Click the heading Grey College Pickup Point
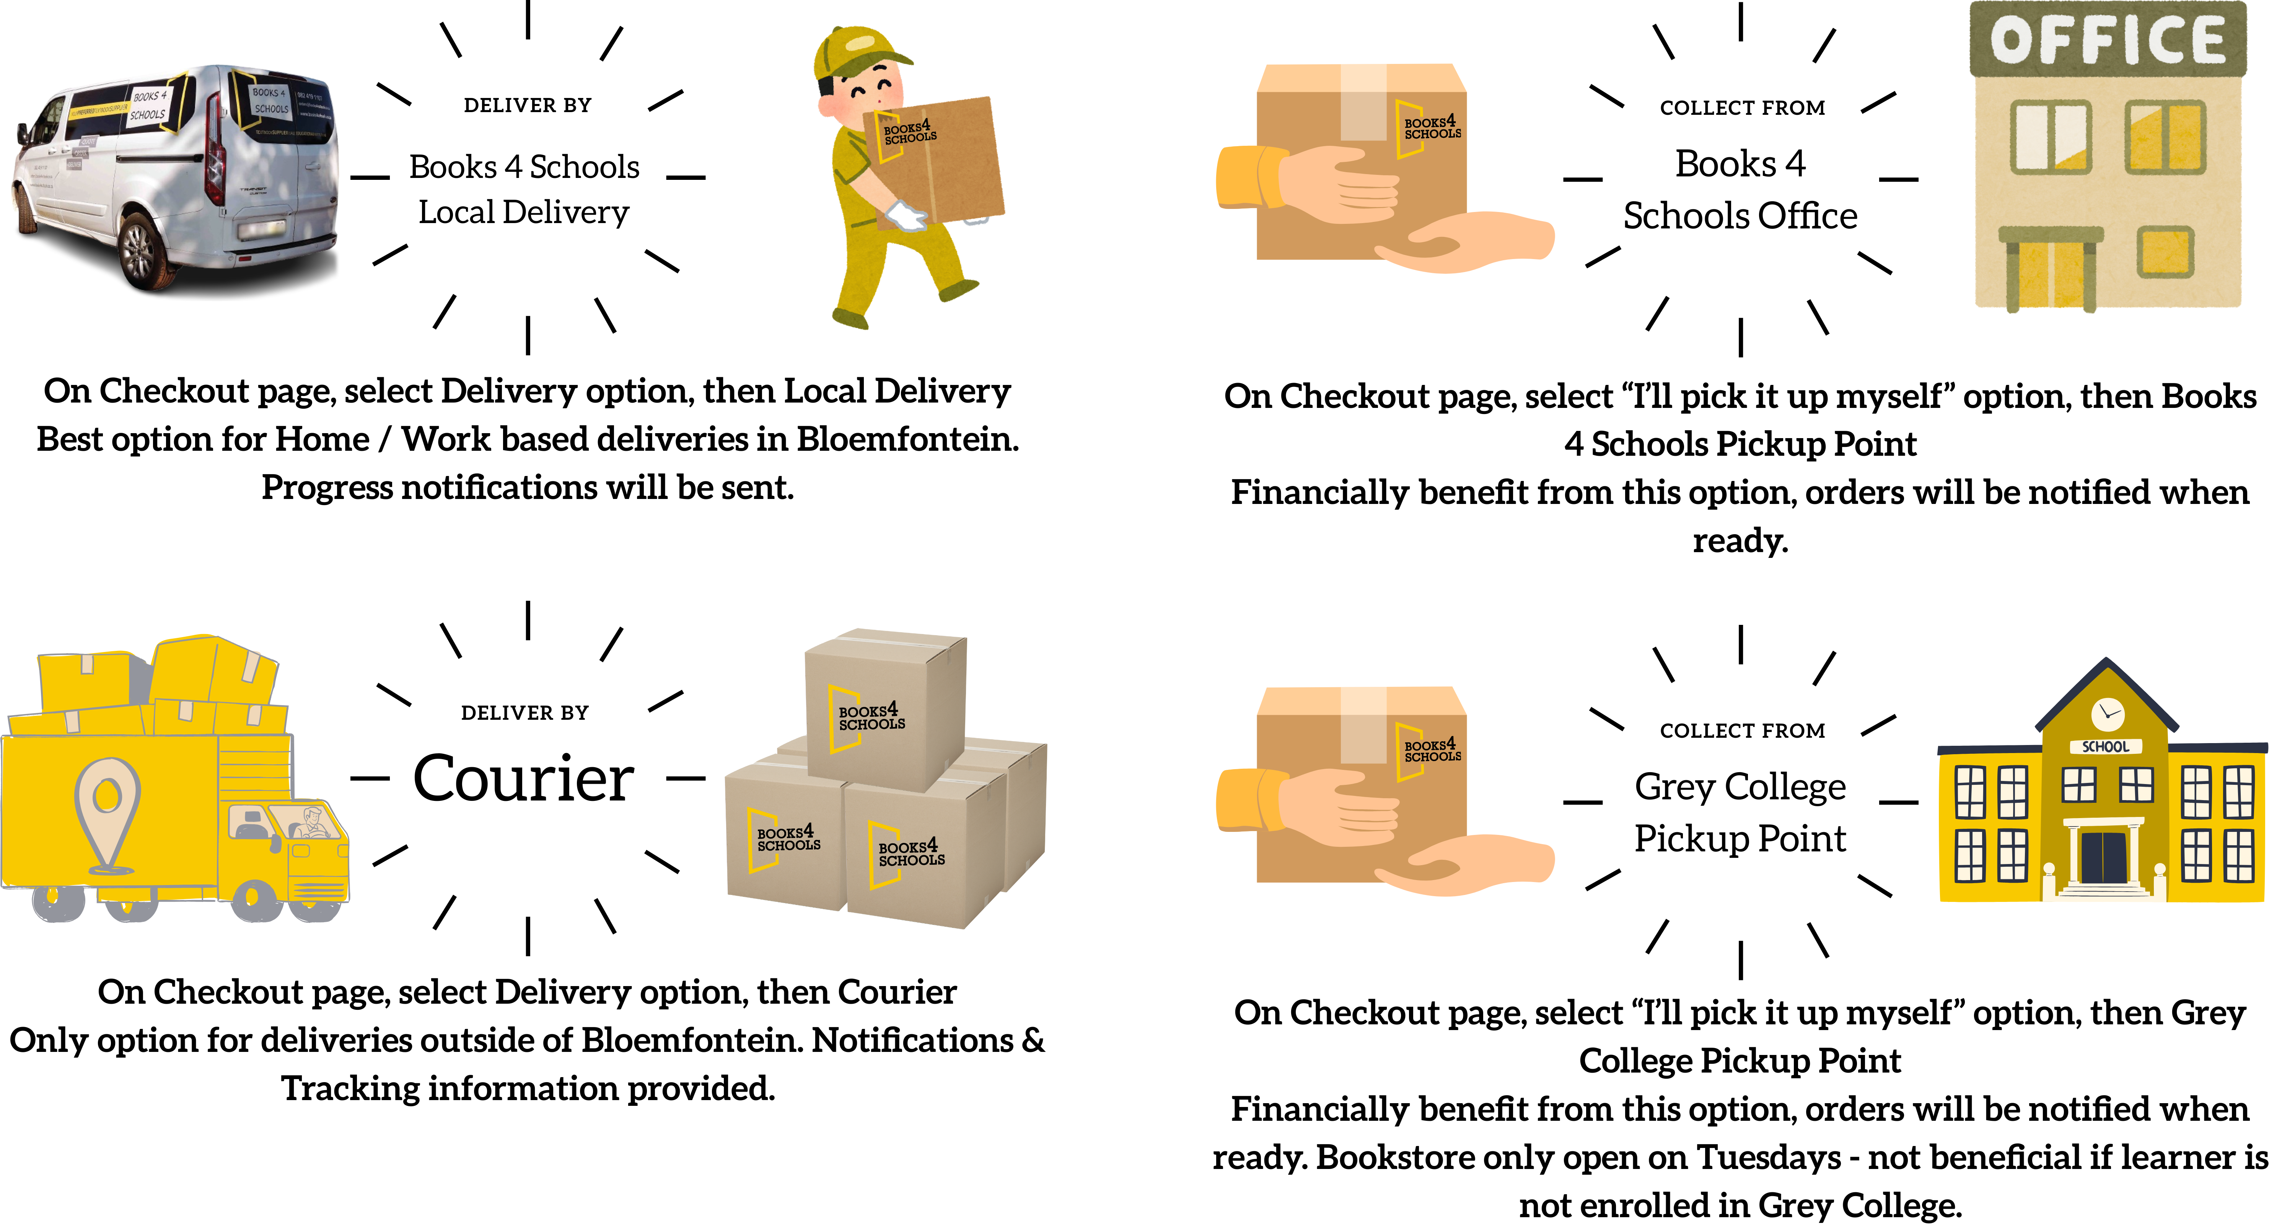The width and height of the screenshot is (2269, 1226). tap(1740, 812)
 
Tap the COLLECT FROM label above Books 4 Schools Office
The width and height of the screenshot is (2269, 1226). tap(1742, 108)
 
